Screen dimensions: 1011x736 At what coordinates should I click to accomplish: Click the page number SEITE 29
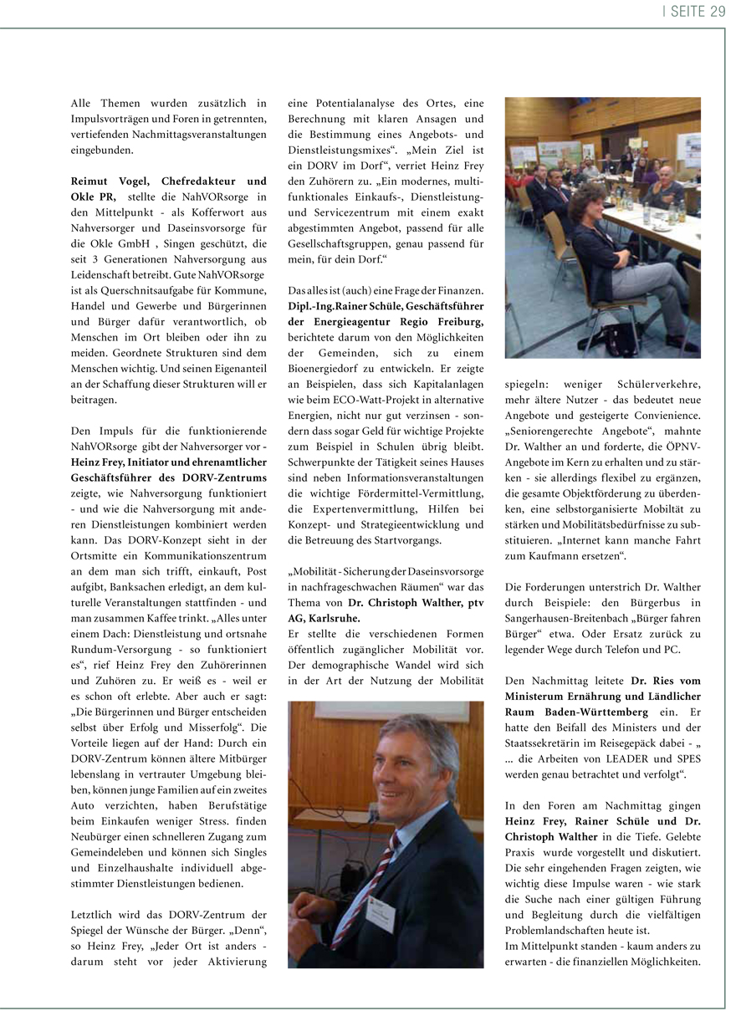pyautogui.click(x=696, y=11)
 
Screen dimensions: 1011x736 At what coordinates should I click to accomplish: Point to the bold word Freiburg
pyautogui.click(x=455, y=321)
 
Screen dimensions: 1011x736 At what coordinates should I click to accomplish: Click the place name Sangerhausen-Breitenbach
pyautogui.click(x=569, y=618)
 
